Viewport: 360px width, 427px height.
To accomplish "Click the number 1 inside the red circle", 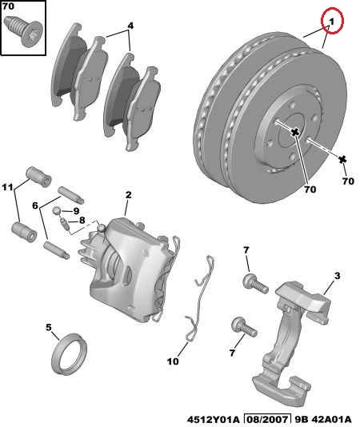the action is pos(332,22).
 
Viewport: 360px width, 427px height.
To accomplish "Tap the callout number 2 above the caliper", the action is pos(128,195).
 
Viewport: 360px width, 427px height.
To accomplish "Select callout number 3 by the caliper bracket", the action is pos(338,276).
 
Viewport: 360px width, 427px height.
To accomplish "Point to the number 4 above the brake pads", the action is pos(130,26).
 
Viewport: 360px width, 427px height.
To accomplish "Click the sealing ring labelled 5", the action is pos(70,353).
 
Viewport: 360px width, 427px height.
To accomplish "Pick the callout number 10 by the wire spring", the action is pos(173,361).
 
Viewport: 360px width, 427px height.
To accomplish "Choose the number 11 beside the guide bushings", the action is pos(7,187).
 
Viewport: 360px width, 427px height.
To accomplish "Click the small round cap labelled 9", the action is pos(57,210).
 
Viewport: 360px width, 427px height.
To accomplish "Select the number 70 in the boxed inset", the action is pos(8,6).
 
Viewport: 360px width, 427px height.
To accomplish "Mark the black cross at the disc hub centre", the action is pos(295,133).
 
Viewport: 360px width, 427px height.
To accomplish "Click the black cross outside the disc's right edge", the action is pos(342,160).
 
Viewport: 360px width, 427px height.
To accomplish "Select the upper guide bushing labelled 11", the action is pos(38,177).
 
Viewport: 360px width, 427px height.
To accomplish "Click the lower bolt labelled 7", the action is pos(244,327).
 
